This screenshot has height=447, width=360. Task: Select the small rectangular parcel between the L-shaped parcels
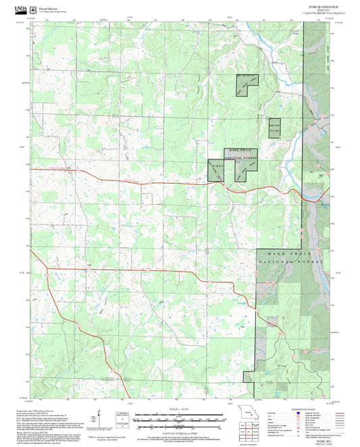point(274,128)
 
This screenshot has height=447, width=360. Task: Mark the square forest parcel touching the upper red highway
point(215,170)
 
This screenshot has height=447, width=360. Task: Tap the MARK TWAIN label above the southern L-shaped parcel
point(240,150)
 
